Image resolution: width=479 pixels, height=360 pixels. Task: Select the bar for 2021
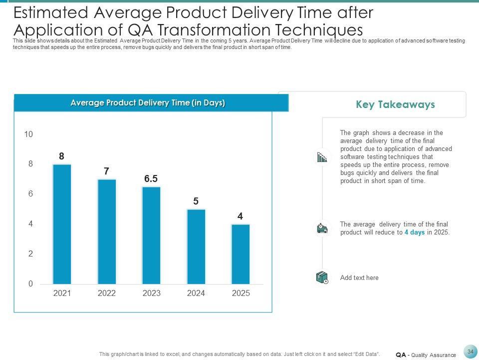(62, 224)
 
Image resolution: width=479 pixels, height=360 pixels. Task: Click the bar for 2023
(151, 235)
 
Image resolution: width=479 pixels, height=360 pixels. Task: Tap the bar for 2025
(240, 254)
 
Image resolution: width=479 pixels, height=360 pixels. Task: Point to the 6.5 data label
(151, 179)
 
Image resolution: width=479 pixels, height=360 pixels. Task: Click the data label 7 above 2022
(106, 171)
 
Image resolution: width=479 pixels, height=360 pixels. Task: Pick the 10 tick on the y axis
(28, 134)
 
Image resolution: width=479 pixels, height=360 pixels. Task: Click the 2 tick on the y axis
(30, 254)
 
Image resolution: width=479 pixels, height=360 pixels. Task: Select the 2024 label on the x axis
(196, 293)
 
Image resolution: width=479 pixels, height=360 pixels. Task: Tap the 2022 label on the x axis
(107, 293)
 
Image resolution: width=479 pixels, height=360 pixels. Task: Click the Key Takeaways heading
(395, 104)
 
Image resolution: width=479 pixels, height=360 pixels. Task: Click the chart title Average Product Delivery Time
(148, 103)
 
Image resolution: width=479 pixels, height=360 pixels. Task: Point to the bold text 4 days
(414, 232)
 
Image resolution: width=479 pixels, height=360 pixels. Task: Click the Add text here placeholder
(359, 277)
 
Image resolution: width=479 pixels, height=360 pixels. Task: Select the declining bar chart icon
(322, 158)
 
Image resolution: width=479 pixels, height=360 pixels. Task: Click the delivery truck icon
(322, 228)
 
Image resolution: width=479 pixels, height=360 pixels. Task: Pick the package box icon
(322, 277)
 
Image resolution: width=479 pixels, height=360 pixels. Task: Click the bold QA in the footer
(401, 355)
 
